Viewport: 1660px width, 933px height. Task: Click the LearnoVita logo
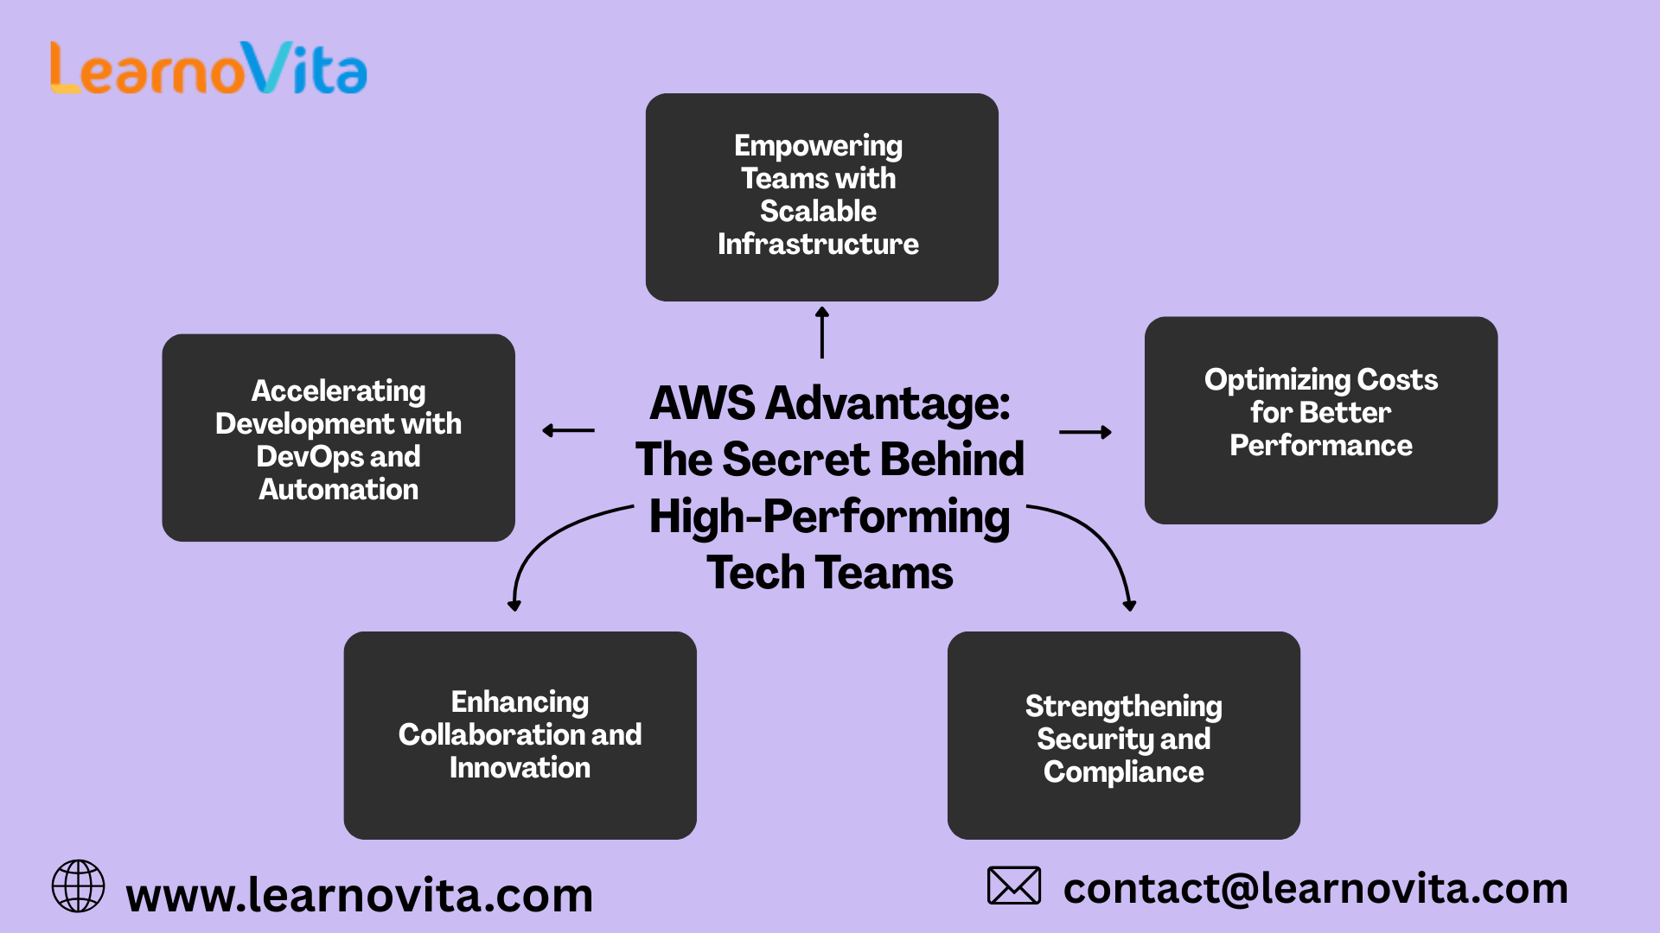[x=208, y=68]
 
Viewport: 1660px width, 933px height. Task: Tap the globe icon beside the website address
[x=78, y=885]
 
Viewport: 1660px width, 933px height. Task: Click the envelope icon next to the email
[x=1013, y=885]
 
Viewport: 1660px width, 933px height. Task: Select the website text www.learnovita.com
[x=359, y=896]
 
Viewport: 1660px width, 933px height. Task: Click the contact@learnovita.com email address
[x=1315, y=889]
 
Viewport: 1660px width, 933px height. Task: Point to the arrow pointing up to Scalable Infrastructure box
[x=822, y=332]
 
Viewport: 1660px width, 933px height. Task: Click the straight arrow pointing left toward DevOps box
[x=568, y=430]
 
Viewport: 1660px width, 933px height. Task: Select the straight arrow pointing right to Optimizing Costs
[x=1085, y=432]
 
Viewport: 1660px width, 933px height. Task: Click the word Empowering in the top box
[x=818, y=146]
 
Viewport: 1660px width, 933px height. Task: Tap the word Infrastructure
[x=818, y=244]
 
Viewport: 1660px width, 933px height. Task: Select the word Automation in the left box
[x=338, y=490]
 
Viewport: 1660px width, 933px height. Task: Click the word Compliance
[x=1123, y=772]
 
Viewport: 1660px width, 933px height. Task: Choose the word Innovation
[x=520, y=768]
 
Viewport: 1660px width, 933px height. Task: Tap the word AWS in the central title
[x=702, y=403]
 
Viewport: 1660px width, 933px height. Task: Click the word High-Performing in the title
[x=829, y=517]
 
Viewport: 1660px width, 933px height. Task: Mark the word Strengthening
[x=1123, y=707]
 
